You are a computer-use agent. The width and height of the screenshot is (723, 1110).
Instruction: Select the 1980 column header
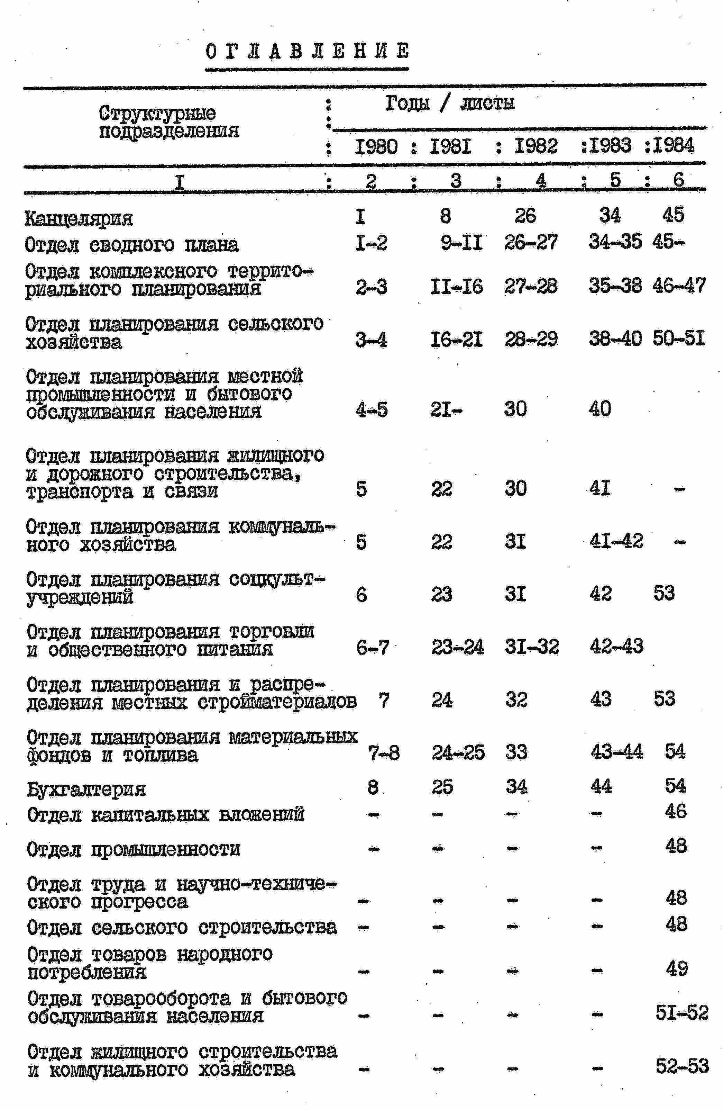(376, 146)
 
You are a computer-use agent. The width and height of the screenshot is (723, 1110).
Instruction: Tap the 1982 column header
(536, 146)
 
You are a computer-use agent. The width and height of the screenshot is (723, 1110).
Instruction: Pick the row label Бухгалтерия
(86, 789)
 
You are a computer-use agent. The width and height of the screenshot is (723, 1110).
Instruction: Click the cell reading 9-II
(461, 243)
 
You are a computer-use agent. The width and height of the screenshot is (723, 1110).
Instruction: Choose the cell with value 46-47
(679, 286)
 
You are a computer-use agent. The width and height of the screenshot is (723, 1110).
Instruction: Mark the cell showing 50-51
(678, 339)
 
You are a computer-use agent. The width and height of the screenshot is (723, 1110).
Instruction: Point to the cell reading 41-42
(616, 541)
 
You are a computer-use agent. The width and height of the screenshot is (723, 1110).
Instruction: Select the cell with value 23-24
(457, 647)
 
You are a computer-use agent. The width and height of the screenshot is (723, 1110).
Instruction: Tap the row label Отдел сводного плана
(132, 245)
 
